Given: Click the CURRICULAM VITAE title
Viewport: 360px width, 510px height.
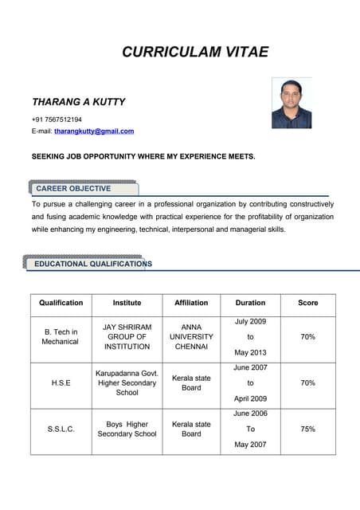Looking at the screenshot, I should (x=195, y=53).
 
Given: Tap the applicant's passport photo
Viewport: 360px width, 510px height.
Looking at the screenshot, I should (x=292, y=103).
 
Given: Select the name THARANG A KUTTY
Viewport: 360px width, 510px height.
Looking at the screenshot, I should (x=78, y=102).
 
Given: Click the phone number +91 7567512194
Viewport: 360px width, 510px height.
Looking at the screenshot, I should (x=57, y=120).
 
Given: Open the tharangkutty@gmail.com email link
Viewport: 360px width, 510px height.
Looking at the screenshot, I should (x=94, y=131).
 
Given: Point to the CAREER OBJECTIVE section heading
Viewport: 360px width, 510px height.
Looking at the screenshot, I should (x=73, y=189).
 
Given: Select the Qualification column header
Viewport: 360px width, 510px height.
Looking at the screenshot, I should (x=61, y=303).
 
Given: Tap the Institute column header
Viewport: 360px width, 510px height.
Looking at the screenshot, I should (x=127, y=303).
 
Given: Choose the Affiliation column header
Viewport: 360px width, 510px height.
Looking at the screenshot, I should (x=191, y=303).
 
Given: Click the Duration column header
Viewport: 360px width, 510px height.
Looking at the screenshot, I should (x=251, y=303).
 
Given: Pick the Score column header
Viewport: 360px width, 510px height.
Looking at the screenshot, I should (x=307, y=303).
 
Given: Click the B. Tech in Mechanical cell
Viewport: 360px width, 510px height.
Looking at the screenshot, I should (x=61, y=336).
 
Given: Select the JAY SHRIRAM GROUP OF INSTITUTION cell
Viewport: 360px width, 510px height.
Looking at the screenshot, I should (x=127, y=336).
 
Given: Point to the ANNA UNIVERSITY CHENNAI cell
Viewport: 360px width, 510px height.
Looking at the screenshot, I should (x=191, y=336).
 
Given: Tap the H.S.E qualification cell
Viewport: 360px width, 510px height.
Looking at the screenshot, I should (x=61, y=383).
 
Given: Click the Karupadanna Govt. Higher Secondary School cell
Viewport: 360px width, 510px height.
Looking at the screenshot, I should (x=127, y=382).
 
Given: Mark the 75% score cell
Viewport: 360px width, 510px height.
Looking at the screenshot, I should (x=307, y=429).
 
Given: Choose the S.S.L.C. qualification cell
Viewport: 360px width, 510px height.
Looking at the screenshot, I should (x=61, y=429).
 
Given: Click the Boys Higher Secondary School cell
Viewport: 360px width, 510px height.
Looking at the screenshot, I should (x=127, y=429).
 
